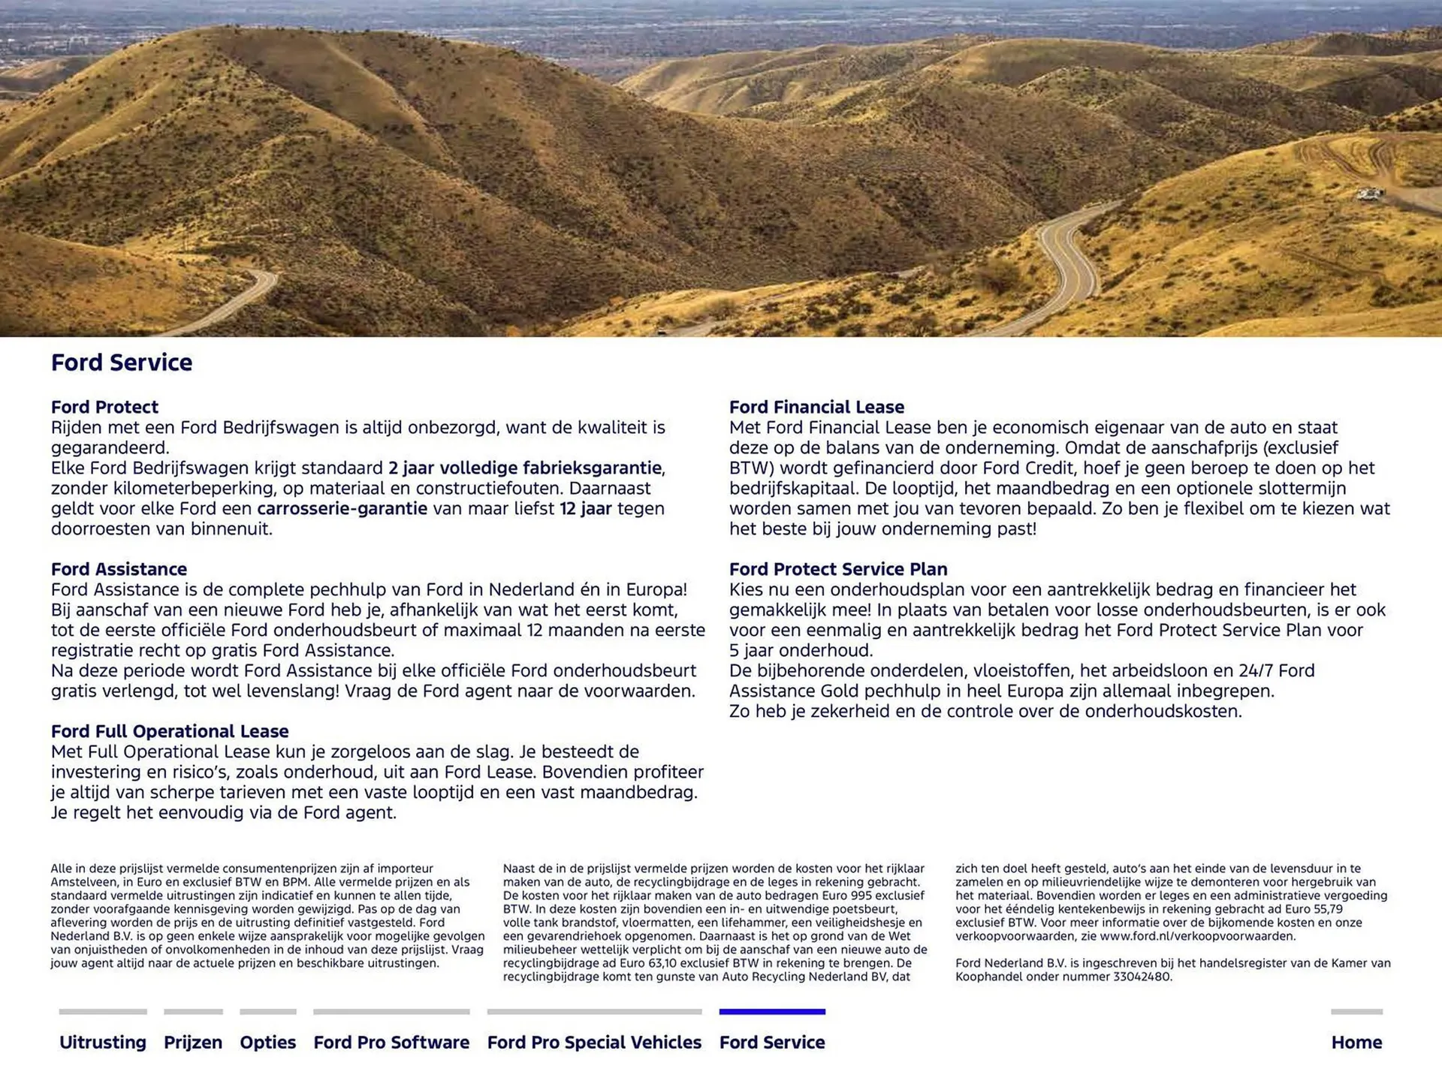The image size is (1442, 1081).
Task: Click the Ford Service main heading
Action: click(122, 363)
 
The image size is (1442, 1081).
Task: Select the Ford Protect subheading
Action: click(104, 407)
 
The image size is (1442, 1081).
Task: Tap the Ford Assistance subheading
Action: click(119, 569)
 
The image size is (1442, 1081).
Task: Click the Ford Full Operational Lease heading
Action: click(170, 731)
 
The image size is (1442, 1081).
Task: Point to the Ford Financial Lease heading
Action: click(816, 407)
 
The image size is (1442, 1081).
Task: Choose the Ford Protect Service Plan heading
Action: click(838, 569)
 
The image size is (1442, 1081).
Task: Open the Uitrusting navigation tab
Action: click(103, 1042)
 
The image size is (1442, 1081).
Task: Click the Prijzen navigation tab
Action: click(193, 1042)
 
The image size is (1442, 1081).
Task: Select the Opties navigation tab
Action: click(267, 1042)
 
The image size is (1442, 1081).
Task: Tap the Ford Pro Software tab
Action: click(391, 1042)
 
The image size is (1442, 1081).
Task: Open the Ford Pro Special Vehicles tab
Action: click(594, 1042)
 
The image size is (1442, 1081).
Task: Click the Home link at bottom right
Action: click(1356, 1042)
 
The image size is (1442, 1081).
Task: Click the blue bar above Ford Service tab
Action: click(772, 1012)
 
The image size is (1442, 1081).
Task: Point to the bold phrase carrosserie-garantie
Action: click(342, 508)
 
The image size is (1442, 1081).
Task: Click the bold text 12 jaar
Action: click(586, 508)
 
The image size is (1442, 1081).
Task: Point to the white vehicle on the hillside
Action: click(1368, 194)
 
